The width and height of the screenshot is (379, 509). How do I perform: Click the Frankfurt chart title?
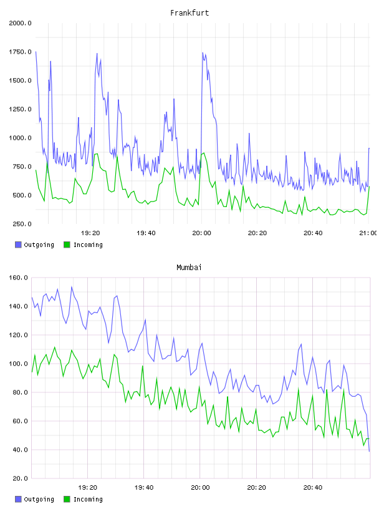(x=189, y=13)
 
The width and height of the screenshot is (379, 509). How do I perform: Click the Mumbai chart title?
(x=189, y=268)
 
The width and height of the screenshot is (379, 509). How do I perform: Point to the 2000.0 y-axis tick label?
(x=20, y=23)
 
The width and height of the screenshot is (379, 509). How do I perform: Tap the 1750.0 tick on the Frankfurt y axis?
(x=20, y=52)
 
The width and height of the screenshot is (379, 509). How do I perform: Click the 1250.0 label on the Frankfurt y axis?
(x=20, y=109)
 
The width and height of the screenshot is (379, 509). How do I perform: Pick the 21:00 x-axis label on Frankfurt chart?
(x=368, y=233)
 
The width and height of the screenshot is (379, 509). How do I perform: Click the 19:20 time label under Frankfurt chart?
(x=90, y=233)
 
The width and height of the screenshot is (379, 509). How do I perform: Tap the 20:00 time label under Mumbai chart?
(x=200, y=488)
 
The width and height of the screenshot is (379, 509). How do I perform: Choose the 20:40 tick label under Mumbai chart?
(x=313, y=488)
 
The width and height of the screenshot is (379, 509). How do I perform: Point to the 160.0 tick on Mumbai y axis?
(x=19, y=278)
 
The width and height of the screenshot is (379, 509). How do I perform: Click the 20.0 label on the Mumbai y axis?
(x=21, y=478)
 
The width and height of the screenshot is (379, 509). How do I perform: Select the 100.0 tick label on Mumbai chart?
(x=19, y=364)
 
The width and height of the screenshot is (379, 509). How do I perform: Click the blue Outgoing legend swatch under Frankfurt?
(x=18, y=245)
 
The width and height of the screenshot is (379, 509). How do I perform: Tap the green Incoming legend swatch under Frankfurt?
(x=67, y=245)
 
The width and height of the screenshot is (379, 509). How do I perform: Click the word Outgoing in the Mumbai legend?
(x=39, y=499)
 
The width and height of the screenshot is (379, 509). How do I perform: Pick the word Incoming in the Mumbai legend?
(x=88, y=499)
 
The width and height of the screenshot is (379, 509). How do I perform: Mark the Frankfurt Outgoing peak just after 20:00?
(x=203, y=52)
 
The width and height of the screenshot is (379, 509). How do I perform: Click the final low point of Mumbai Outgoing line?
(x=369, y=451)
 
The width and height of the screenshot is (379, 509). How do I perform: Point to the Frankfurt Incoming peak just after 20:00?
(x=204, y=153)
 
